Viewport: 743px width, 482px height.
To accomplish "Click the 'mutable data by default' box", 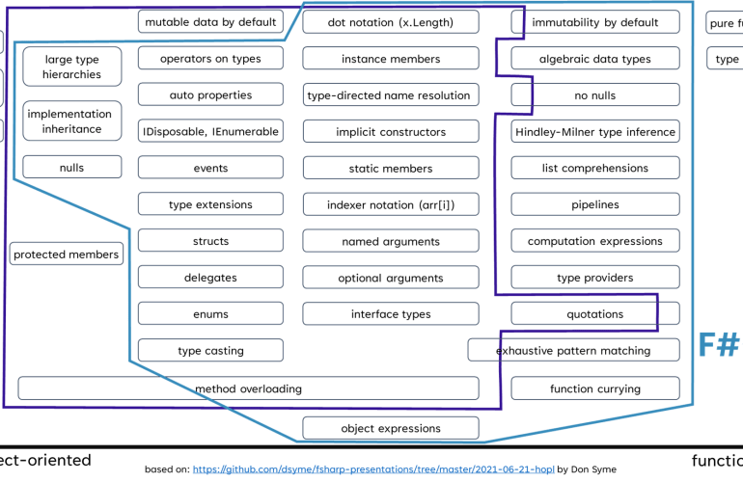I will pyautogui.click(x=210, y=22).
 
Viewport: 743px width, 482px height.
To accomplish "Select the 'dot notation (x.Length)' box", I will pyautogui.click(x=390, y=22).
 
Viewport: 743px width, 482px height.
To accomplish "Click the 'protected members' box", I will pyautogui.click(x=67, y=254).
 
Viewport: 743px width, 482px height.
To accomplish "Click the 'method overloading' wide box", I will pyautogui.click(x=248, y=388).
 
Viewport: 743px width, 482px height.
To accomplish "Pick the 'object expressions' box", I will pyautogui.click(x=390, y=428).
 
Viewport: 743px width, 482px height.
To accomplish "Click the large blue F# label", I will pyautogui.click(x=718, y=344).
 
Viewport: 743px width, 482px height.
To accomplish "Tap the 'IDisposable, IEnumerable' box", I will pyautogui.click(x=210, y=132).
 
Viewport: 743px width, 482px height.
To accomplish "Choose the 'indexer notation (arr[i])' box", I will pyautogui.click(x=390, y=204).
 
